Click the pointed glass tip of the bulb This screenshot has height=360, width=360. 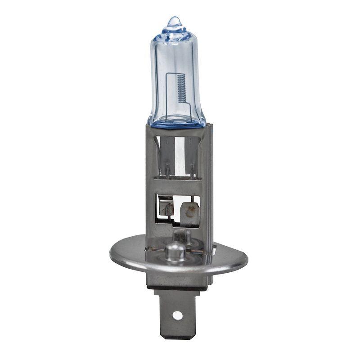pos(174,20)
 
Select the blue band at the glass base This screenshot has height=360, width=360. pos(176,121)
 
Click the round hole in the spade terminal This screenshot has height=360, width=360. pos(178,315)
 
